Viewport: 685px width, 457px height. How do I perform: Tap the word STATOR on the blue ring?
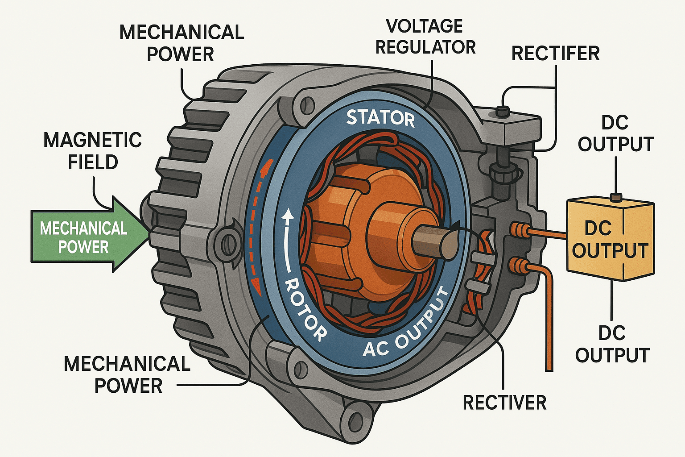pyautogui.click(x=380, y=118)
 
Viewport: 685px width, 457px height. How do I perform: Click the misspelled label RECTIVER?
pyautogui.click(x=504, y=403)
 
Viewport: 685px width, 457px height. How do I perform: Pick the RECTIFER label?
pyautogui.click(x=555, y=54)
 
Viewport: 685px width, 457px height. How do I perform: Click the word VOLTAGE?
pyautogui.click(x=424, y=26)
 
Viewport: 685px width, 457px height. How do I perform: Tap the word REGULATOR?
pyautogui.click(x=425, y=47)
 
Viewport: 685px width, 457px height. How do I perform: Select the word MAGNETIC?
pyautogui.click(x=93, y=140)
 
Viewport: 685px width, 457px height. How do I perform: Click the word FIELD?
pyautogui.click(x=93, y=162)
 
